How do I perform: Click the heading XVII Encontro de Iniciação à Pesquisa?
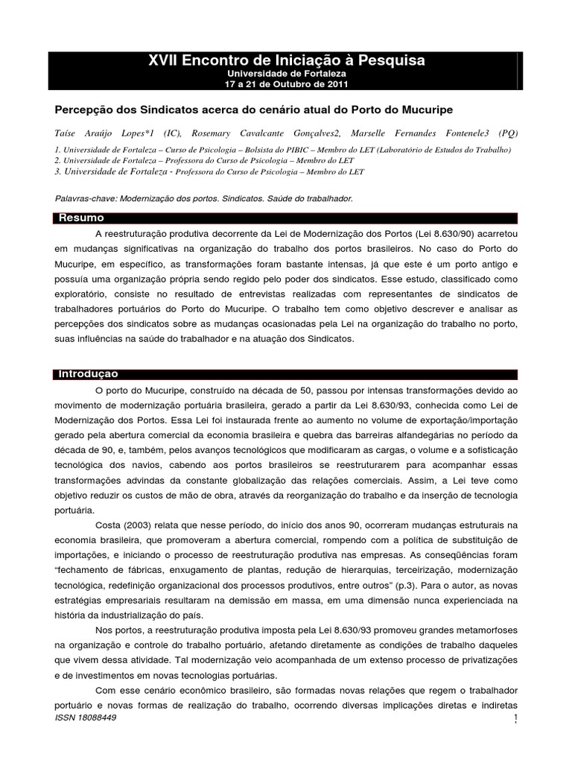(x=286, y=61)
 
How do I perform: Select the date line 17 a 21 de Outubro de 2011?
(x=286, y=83)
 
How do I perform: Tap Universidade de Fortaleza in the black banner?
(x=286, y=74)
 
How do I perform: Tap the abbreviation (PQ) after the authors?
(x=505, y=133)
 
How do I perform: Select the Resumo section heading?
(x=81, y=218)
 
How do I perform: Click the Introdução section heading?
(x=88, y=373)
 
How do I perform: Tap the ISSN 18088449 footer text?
(x=86, y=716)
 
